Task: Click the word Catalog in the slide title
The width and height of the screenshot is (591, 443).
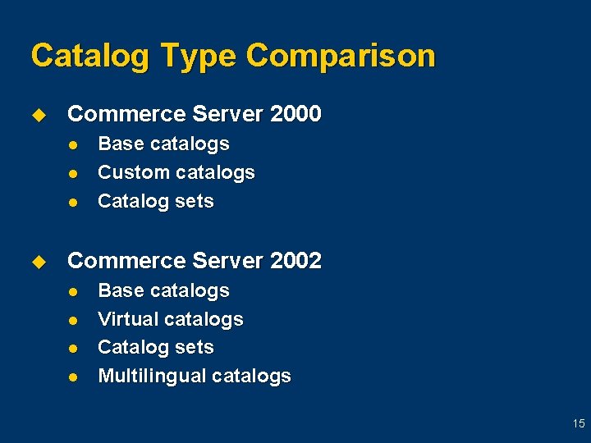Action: click(89, 57)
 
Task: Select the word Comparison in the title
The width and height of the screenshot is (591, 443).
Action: click(341, 57)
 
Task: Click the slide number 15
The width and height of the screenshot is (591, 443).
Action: click(579, 423)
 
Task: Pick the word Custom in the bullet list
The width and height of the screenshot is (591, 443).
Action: click(131, 173)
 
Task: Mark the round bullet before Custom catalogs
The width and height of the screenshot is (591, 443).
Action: click(73, 173)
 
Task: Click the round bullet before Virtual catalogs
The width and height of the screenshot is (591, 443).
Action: click(73, 320)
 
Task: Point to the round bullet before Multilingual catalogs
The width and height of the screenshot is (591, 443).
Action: click(73, 377)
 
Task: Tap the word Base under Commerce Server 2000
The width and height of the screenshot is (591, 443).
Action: click(119, 144)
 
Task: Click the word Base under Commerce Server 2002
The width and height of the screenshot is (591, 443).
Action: click(119, 290)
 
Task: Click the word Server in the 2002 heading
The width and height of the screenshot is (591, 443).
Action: click(225, 261)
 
